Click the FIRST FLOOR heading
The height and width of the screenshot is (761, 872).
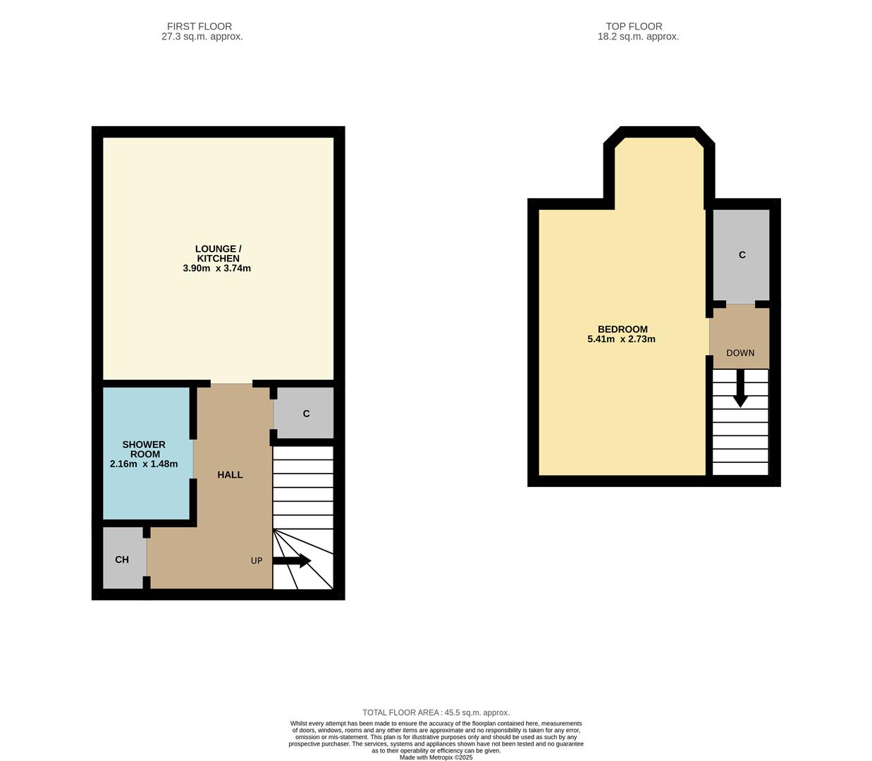(199, 26)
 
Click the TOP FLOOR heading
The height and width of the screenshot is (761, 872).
(634, 26)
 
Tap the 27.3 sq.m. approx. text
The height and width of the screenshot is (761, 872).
(202, 37)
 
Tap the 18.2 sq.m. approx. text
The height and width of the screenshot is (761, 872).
(638, 37)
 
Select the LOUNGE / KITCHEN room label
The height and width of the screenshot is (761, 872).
(218, 254)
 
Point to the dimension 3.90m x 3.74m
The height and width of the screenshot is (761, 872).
(217, 268)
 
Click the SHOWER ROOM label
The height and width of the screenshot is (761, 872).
(144, 450)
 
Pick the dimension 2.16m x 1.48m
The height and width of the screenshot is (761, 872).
(144, 464)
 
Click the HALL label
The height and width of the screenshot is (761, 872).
(230, 475)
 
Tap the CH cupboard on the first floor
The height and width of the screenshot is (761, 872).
(123, 559)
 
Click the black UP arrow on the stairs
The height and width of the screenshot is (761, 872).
(293, 561)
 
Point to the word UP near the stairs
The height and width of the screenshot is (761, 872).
(257, 561)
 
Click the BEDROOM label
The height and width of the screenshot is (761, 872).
(622, 329)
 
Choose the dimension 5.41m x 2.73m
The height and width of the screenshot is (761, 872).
(621, 340)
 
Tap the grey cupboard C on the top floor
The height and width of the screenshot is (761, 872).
(741, 255)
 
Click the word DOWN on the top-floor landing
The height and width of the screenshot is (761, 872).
(740, 353)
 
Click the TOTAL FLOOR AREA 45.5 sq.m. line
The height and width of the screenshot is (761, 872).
(436, 712)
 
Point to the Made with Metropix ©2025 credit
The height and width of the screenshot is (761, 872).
(436, 757)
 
